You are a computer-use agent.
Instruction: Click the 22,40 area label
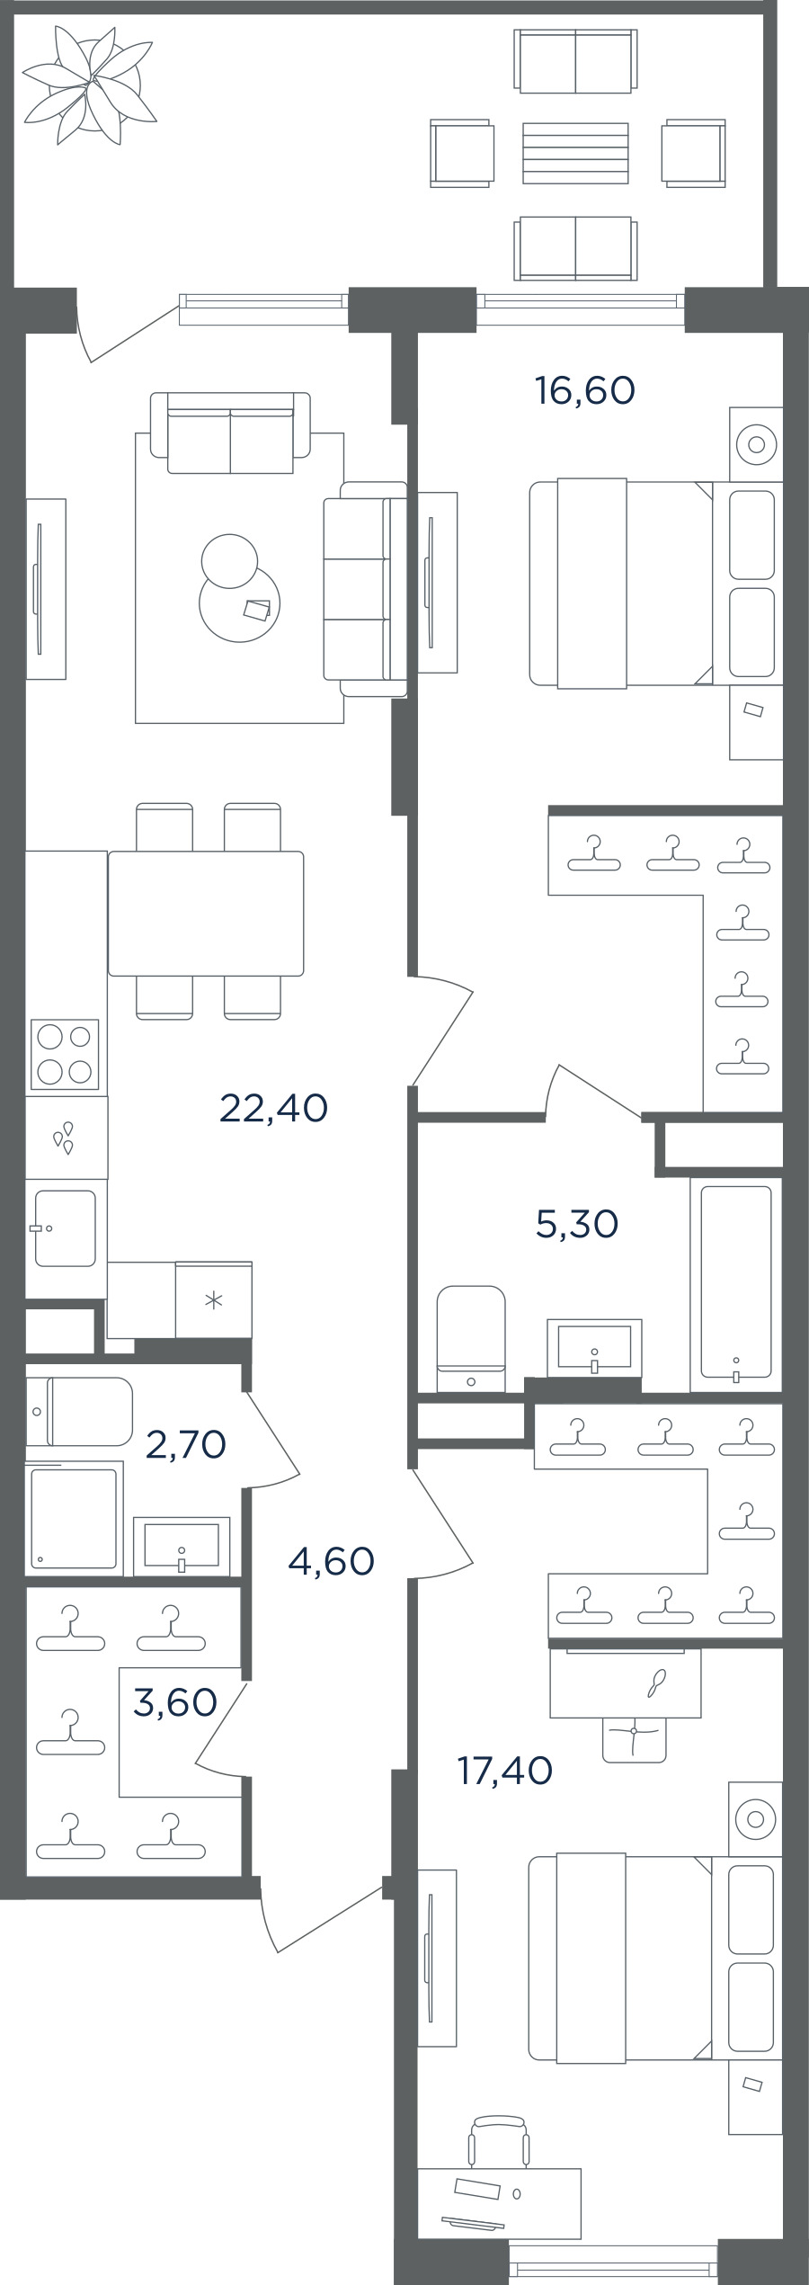pos(273,1108)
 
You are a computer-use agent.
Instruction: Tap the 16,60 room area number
pos(585,390)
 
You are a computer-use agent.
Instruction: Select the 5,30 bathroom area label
pos(577,1224)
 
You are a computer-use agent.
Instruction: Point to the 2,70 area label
pos(185,1444)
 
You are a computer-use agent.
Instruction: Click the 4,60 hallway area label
pos(331,1561)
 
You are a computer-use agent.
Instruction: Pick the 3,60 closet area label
pos(175,1701)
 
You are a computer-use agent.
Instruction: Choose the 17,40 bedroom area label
pos(505,1770)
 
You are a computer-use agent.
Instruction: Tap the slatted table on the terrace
pos(575,153)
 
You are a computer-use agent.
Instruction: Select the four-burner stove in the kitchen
pos(65,1054)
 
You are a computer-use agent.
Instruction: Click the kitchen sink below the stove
pos(65,1228)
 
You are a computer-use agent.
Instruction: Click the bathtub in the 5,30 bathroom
pos(735,1282)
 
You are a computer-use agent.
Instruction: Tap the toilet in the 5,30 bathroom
pos(471,1339)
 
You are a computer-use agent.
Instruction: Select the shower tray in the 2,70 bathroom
pos(74,1519)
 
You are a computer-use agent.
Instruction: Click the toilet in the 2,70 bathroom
pos(79,1412)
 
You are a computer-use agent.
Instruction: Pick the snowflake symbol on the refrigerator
pos(214,1299)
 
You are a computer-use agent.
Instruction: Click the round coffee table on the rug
pos(239,601)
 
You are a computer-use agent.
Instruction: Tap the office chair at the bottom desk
pos(499,2140)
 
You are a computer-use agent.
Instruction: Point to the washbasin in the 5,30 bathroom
pos(594,1348)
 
